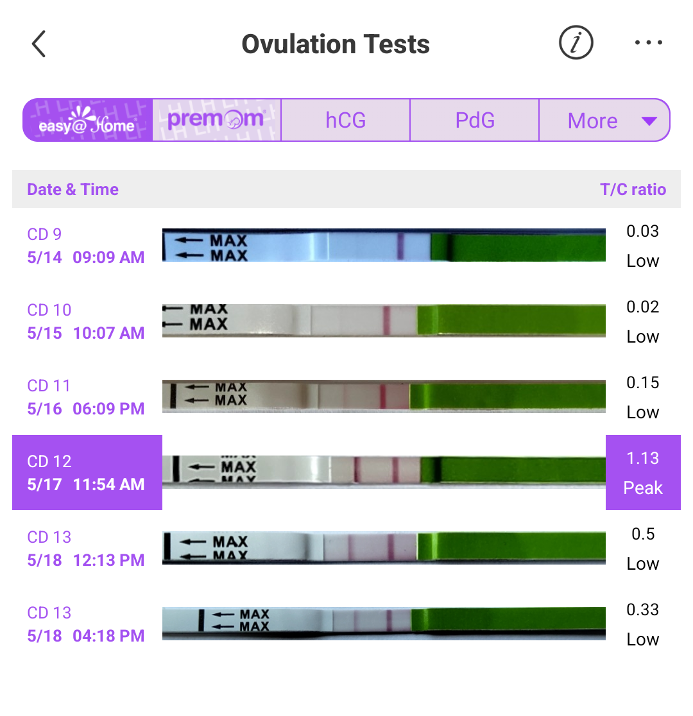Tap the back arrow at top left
coord(39,44)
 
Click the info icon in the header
coord(576,44)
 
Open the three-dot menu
coord(648,44)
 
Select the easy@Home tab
coord(88,120)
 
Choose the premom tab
coord(216,120)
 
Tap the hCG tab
coord(345,121)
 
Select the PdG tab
coord(475,121)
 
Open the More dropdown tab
coord(604,121)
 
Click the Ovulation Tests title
coord(336,44)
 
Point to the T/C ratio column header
coord(633,189)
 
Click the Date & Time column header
coord(73,189)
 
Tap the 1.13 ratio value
coord(643,458)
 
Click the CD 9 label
coord(44,234)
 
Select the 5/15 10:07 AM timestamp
coord(85,333)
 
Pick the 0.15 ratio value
coord(643,382)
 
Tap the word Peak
coord(643,488)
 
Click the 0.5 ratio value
coord(643,534)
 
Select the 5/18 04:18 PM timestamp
coord(85,636)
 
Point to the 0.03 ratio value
coord(643,231)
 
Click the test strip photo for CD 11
coord(384,396)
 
